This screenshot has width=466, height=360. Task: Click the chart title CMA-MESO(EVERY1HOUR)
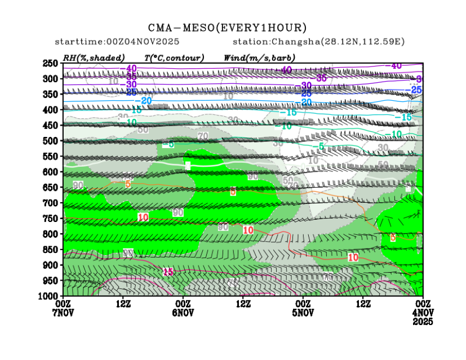[227, 28]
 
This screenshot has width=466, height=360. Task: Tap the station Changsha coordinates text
[319, 42]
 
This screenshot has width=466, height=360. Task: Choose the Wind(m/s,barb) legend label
[259, 57]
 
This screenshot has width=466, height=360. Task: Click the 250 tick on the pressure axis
[51, 63]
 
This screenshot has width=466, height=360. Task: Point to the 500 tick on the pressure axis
[51, 141]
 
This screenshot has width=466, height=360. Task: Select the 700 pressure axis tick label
[51, 203]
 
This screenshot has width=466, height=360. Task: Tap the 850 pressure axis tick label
[51, 250]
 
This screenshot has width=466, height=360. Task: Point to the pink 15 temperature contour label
[168, 272]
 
